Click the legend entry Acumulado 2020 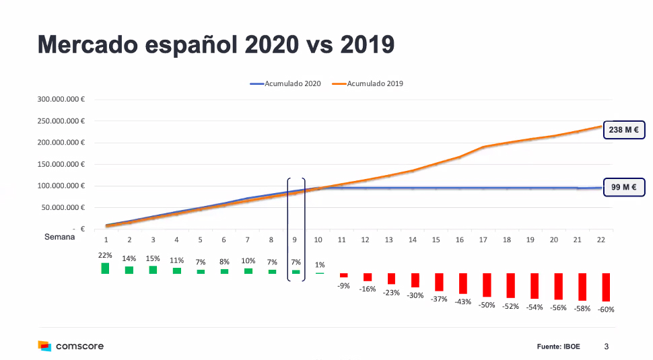(x=285, y=83)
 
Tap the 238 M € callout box (x=623, y=129)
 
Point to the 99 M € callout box (x=623, y=188)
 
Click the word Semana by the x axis (x=59, y=236)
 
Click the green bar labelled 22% (x=105, y=268)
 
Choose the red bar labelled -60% (x=606, y=287)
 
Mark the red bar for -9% (x=343, y=275)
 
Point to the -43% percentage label (x=462, y=301)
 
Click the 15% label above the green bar (x=153, y=259)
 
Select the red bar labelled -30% (x=415, y=281)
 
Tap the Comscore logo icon (x=44, y=346)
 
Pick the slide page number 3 (x=606, y=347)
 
